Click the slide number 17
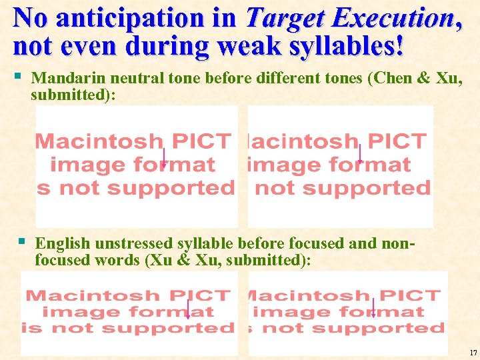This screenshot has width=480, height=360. [x=473, y=352]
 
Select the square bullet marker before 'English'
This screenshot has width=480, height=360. [x=22, y=241]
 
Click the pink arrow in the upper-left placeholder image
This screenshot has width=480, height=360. [x=164, y=158]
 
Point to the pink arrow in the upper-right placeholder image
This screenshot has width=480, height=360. [x=360, y=154]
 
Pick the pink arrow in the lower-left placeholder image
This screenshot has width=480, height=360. [x=189, y=309]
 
